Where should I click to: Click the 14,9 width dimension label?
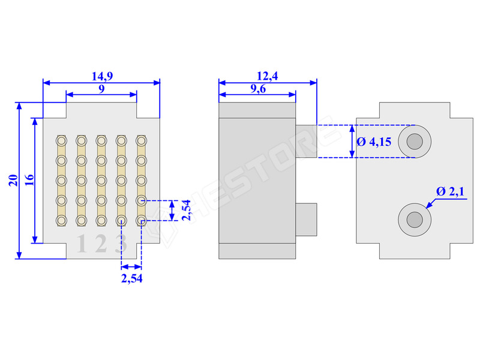101,76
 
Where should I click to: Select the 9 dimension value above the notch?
101,89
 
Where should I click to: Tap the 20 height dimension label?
12,181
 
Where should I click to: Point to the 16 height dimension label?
28,180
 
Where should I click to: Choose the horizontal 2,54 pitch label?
131,278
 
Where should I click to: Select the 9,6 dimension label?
257,89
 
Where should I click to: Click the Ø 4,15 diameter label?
374,142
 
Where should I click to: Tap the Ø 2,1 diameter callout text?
452,191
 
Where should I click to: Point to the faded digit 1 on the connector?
81,244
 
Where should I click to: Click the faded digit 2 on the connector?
101,244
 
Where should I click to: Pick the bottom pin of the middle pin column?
101,221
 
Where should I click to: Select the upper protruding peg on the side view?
305,141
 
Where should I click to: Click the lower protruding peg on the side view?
306,219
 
